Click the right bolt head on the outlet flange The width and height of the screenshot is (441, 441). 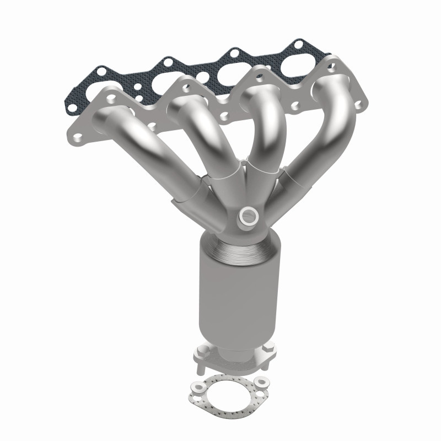(x=268, y=348)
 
